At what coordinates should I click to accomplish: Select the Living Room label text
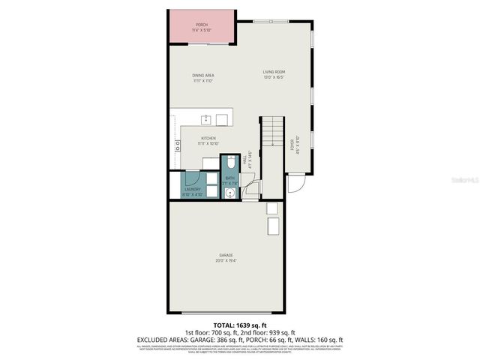(274, 72)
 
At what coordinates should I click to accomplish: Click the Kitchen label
(208, 138)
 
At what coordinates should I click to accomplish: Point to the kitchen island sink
(205, 118)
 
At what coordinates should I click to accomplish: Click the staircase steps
(271, 132)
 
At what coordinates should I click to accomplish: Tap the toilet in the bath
(229, 163)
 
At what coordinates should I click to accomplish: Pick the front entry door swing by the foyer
(295, 182)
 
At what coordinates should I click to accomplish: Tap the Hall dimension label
(247, 159)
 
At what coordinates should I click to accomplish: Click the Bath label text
(229, 178)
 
